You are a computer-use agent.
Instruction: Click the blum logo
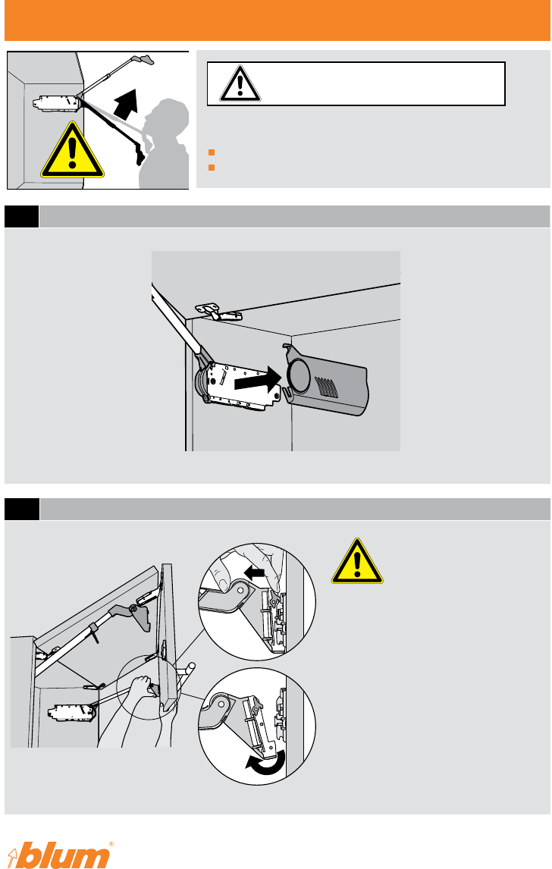click(63, 855)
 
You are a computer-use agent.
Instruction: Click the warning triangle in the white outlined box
click(240, 83)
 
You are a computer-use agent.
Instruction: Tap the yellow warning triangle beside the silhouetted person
click(72, 150)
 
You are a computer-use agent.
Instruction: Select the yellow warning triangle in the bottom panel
click(357, 561)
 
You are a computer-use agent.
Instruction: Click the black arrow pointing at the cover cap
click(259, 379)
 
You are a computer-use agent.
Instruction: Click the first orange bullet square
click(211, 152)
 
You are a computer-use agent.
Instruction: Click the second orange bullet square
click(211, 168)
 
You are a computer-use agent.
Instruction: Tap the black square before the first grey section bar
click(22, 217)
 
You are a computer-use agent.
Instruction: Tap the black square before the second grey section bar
click(22, 510)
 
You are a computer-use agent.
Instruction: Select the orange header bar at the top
click(277, 20)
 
